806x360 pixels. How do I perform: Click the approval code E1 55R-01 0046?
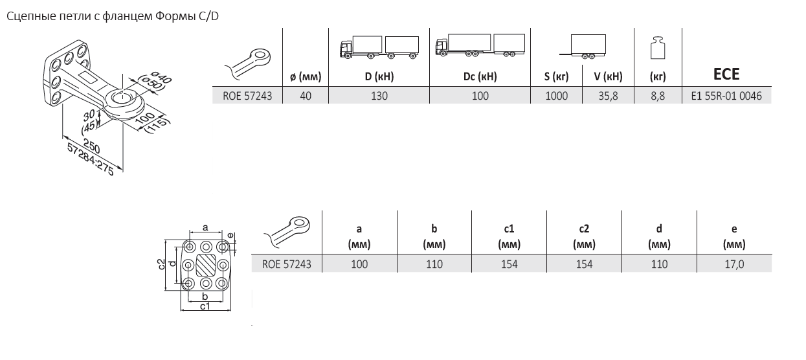(726, 96)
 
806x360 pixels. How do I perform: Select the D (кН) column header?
(379, 76)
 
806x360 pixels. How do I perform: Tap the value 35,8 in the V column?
(608, 96)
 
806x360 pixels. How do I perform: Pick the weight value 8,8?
(657, 96)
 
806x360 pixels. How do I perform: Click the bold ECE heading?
(726, 74)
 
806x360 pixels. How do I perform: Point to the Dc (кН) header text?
(480, 76)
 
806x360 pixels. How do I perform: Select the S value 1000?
(556, 96)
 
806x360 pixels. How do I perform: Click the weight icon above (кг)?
(658, 48)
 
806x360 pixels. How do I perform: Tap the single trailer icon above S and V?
(583, 47)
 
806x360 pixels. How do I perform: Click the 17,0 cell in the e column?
(734, 264)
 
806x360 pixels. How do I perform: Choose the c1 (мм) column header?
(509, 236)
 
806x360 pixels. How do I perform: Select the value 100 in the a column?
(359, 264)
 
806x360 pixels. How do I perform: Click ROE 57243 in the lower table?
(286, 264)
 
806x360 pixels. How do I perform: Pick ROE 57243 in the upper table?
(247, 96)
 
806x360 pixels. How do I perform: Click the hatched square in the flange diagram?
(205, 265)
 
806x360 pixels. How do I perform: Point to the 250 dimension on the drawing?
(91, 146)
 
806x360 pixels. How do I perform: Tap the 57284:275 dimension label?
(91, 159)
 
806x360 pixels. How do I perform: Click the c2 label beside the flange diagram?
(162, 264)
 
